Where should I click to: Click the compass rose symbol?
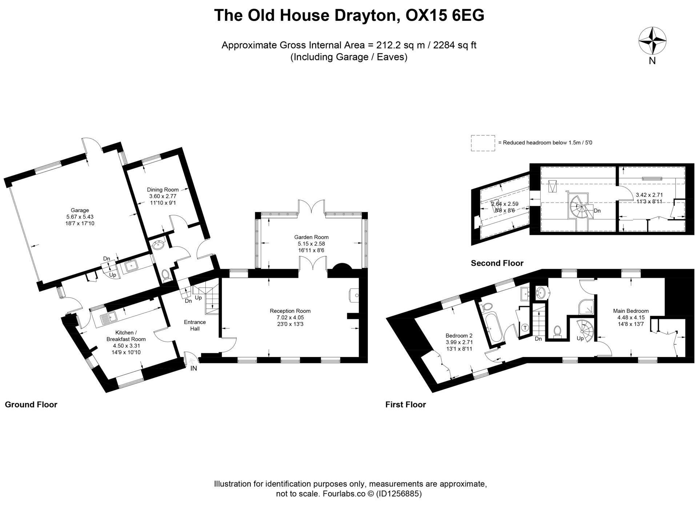point(653,41)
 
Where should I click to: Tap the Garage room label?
point(80,210)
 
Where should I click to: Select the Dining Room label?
point(163,189)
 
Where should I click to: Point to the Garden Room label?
point(312,237)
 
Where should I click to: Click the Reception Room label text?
point(290,311)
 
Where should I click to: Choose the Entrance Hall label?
point(195,325)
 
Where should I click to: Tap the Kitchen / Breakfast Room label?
point(126,336)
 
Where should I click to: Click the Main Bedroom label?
point(631,311)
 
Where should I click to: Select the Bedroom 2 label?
point(459,336)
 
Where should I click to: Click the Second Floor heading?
point(497,263)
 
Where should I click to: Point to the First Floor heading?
point(405,404)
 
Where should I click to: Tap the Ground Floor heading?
point(31,404)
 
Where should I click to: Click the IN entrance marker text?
point(194,368)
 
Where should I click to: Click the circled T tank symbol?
point(525,328)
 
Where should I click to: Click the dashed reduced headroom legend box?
point(483,143)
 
